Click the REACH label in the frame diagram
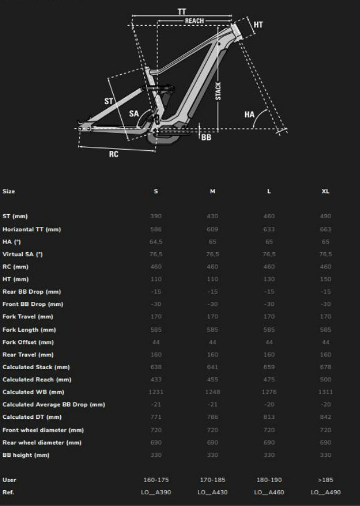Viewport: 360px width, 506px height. [x=194, y=21]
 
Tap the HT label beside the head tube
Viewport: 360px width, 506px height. [x=258, y=25]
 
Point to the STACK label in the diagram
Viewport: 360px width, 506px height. [x=218, y=91]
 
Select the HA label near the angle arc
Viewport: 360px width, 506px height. [x=249, y=115]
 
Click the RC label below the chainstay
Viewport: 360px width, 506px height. [x=114, y=154]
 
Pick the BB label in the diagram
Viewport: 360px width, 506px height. [x=206, y=137]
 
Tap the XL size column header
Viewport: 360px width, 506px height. [x=325, y=191]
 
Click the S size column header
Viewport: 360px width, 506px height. [x=156, y=191]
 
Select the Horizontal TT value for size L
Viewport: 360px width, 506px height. [x=269, y=229]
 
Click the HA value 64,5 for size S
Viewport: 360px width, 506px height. [x=156, y=242]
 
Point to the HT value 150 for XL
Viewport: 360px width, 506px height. [x=325, y=279]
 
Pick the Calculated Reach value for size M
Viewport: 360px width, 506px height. [x=212, y=380]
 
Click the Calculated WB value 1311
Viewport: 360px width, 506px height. [x=325, y=392]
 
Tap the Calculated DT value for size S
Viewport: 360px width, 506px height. [x=156, y=417]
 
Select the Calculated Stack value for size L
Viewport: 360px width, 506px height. [x=269, y=367]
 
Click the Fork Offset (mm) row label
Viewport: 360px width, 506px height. [x=28, y=342]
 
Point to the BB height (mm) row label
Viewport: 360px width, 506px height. [x=26, y=455]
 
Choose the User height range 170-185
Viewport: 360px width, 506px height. [x=212, y=480]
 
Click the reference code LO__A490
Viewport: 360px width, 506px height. [x=325, y=493]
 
